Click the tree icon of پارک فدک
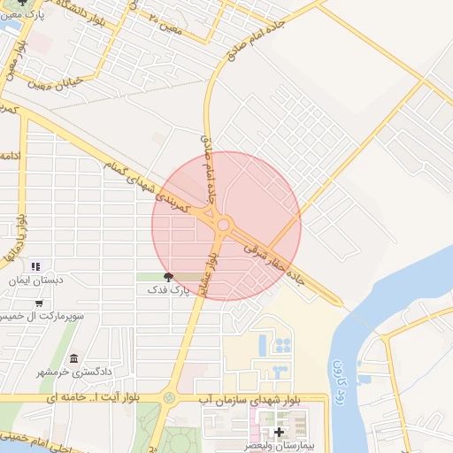(x=170, y=277)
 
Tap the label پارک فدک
(x=167, y=289)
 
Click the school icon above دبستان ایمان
(x=35, y=265)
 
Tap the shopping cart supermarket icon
(x=38, y=303)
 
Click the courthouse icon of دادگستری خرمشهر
(x=73, y=359)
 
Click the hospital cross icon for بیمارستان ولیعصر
(x=280, y=433)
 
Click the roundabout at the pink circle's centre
(x=223, y=226)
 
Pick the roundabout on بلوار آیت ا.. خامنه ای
(x=169, y=399)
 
